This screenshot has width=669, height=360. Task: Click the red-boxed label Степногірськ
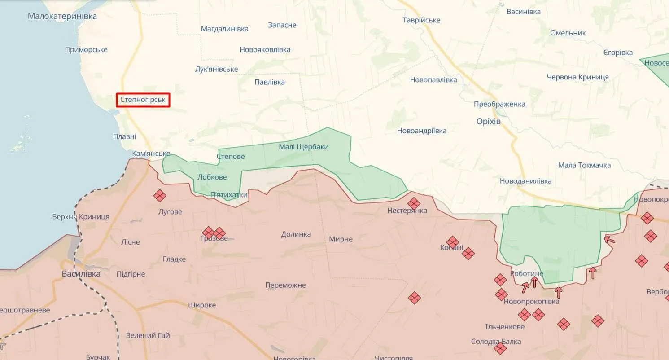coord(143,100)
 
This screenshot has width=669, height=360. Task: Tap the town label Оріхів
coord(488,122)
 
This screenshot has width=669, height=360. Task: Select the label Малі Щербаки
coord(303,147)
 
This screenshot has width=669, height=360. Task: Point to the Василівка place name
coord(81,273)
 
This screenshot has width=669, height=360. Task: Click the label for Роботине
coord(526,273)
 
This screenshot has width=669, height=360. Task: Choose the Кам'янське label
coord(151,153)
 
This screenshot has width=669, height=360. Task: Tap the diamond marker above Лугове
coord(160,196)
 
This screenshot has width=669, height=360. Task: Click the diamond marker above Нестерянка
coord(414,203)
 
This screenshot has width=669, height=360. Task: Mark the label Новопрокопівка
coord(531,302)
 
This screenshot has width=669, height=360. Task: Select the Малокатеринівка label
coord(62,16)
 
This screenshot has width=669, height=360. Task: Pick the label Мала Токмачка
coord(584,165)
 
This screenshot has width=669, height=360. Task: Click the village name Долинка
coord(296,234)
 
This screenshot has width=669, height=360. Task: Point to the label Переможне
coord(285,285)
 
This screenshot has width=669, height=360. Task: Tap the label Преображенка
coord(499,104)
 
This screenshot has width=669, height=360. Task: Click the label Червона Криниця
coord(577,77)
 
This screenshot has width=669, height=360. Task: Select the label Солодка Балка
coord(496,342)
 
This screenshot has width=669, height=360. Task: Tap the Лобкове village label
coord(212,177)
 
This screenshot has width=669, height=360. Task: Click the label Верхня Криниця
coord(81,217)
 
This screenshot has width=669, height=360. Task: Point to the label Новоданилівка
coord(525,181)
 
